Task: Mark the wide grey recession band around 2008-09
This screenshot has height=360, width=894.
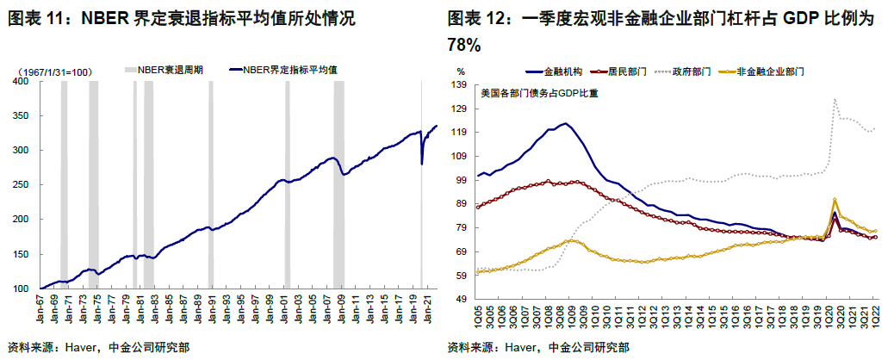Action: pyautogui.click(x=338, y=185)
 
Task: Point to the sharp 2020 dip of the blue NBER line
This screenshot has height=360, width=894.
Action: pyautogui.click(x=422, y=163)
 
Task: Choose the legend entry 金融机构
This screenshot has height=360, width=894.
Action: pyautogui.click(x=563, y=71)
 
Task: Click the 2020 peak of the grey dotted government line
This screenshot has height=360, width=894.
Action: pyautogui.click(x=835, y=100)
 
